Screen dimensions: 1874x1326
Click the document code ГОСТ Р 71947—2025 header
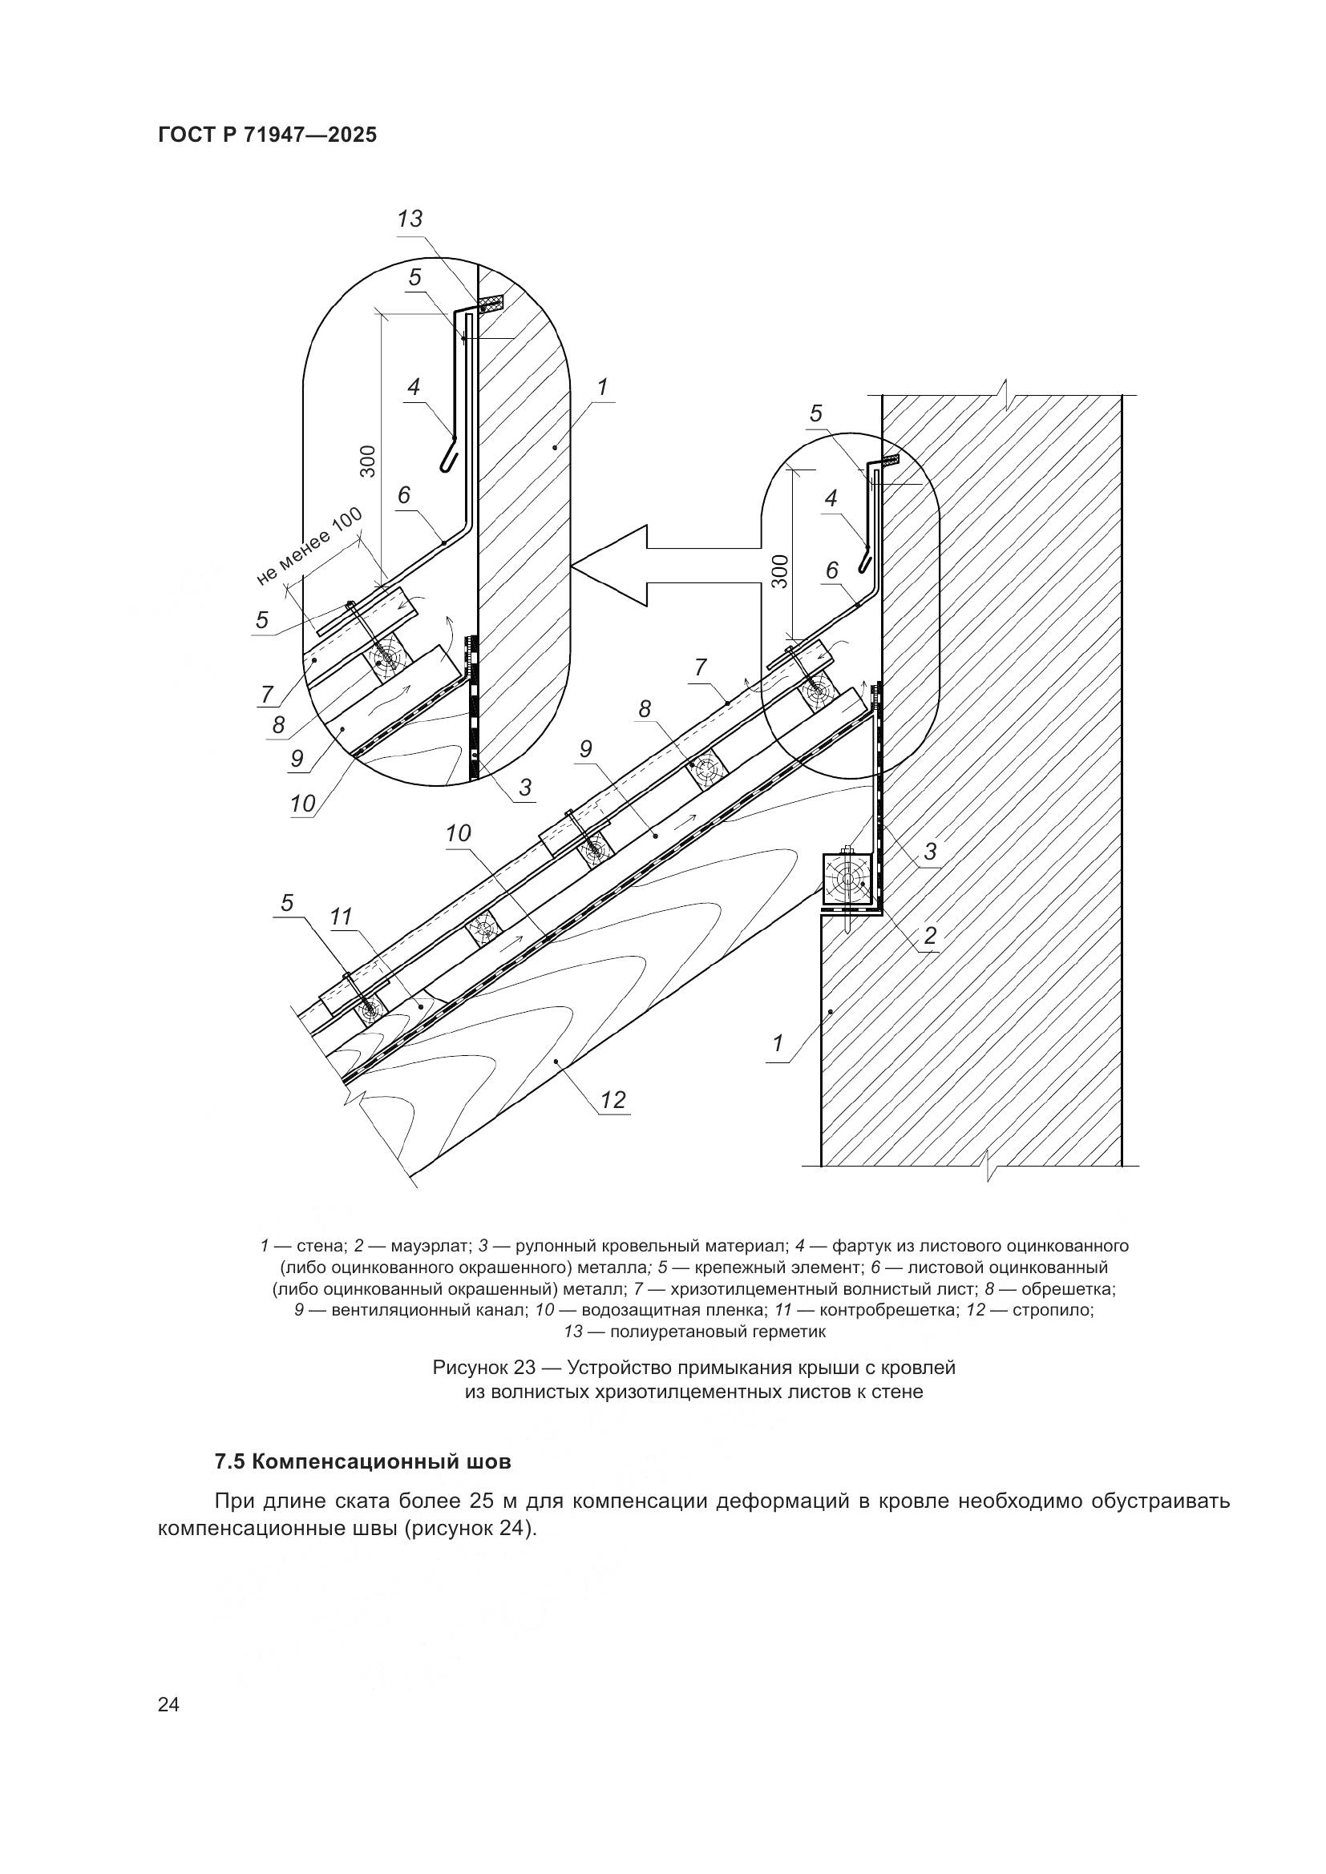click(x=268, y=135)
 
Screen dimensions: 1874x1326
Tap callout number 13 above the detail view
click(x=410, y=219)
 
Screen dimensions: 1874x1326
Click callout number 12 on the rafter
click(x=612, y=1099)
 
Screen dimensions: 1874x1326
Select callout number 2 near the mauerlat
click(x=930, y=935)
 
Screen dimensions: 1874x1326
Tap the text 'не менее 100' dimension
click(x=310, y=546)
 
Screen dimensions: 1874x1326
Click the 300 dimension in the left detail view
click(x=368, y=461)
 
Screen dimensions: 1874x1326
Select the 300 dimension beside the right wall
click(x=780, y=570)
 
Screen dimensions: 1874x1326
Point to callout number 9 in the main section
click(x=585, y=748)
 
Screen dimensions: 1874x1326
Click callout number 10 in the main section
click(x=458, y=832)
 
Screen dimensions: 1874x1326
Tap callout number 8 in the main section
click(x=645, y=709)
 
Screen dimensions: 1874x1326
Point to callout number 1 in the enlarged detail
click(x=603, y=387)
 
